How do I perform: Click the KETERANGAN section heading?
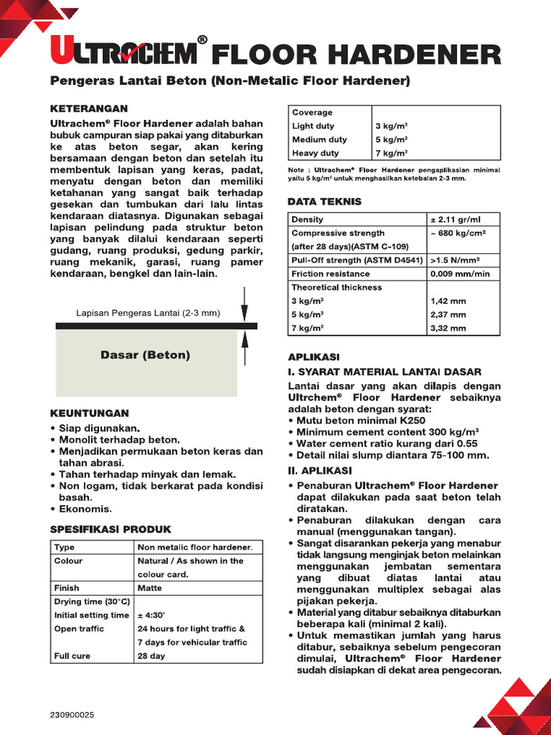pyautogui.click(x=88, y=108)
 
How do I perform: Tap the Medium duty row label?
pyautogui.click(x=319, y=139)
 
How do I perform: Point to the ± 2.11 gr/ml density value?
pyautogui.click(x=454, y=220)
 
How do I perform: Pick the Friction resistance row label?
pyautogui.click(x=331, y=273)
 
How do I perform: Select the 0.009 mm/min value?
pyautogui.click(x=460, y=273)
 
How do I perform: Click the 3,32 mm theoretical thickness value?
pyautogui.click(x=448, y=328)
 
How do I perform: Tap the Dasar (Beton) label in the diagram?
pyautogui.click(x=145, y=355)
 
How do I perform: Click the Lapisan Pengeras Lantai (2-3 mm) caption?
pyautogui.click(x=148, y=313)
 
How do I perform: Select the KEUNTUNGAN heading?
pyautogui.click(x=90, y=413)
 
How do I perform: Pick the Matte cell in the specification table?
pyautogui.click(x=150, y=588)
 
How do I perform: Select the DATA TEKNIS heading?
pyautogui.click(x=324, y=202)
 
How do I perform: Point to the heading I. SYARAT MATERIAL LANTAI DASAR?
pyautogui.click(x=385, y=372)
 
